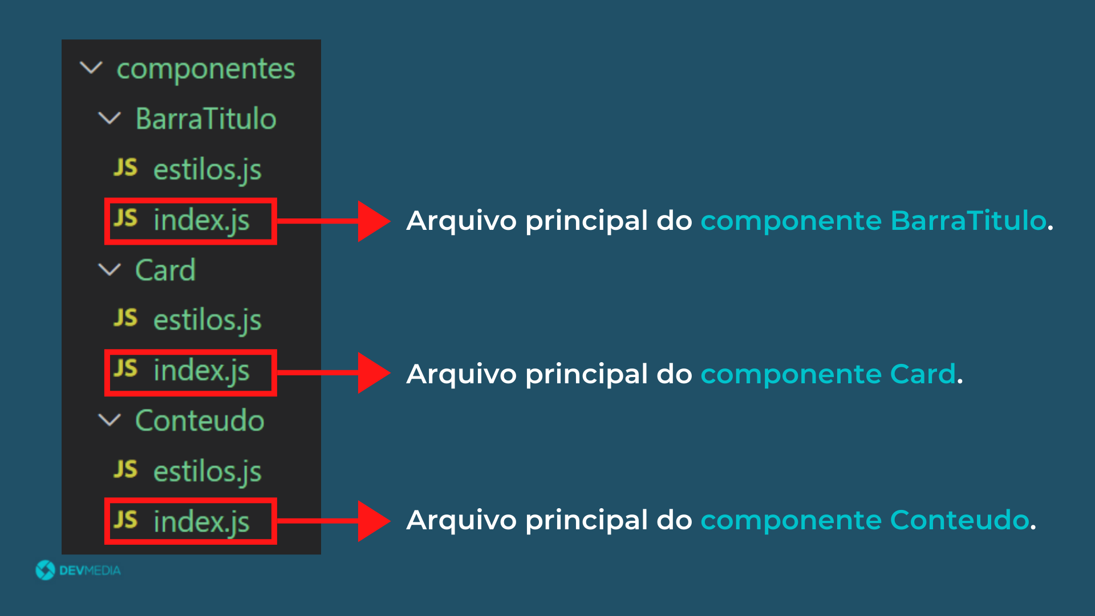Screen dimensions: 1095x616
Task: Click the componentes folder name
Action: tap(206, 70)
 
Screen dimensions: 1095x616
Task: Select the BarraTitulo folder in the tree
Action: tap(206, 119)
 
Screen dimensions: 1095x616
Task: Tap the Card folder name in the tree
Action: tap(165, 270)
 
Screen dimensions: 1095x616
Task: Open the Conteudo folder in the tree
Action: tap(200, 420)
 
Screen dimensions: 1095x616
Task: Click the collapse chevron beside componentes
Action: tap(91, 68)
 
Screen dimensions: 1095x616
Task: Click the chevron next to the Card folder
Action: tap(109, 270)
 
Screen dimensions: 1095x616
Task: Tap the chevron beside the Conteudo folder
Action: tap(109, 420)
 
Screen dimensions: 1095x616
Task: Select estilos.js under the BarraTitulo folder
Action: tap(208, 170)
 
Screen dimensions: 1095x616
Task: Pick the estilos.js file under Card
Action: tap(208, 321)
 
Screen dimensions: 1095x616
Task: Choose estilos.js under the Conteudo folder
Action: tap(208, 472)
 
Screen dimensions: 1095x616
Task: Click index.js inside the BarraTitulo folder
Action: tap(201, 221)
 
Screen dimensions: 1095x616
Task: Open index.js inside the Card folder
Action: tap(201, 371)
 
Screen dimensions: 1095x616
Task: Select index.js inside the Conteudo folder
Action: tap(201, 522)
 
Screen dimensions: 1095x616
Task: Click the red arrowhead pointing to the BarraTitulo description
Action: tap(374, 221)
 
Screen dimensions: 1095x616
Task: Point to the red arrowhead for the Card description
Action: tap(374, 372)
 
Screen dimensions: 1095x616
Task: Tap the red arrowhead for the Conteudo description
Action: tap(374, 521)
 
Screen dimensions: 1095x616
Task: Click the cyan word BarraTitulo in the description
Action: tap(968, 220)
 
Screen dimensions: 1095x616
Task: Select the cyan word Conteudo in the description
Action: tap(960, 520)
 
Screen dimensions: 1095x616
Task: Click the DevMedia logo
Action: tap(78, 570)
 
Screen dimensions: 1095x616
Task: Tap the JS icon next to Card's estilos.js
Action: tap(125, 318)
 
